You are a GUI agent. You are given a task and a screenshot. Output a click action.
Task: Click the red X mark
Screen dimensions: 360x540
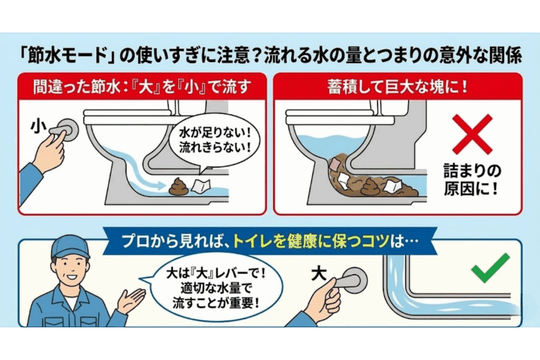472,134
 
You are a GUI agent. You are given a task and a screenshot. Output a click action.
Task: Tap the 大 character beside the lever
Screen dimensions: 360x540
319,274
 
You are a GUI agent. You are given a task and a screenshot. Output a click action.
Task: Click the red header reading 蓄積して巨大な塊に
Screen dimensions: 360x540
398,85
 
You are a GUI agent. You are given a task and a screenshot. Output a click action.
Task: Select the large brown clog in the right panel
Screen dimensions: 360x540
369,177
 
